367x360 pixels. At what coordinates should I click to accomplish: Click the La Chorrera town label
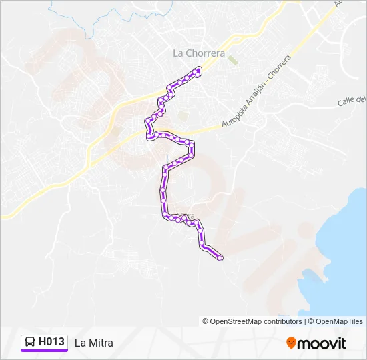(198, 53)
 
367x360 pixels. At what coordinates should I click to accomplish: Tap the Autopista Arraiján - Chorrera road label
(257, 93)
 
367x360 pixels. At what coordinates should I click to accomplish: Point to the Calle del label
(352, 100)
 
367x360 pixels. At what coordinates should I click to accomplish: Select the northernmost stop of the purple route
(199, 69)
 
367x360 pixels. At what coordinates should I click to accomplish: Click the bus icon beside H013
(30, 343)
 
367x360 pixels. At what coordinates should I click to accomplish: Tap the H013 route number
(52, 342)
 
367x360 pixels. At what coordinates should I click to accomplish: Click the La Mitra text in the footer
(94, 343)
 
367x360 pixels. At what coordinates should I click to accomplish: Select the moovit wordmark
(322, 343)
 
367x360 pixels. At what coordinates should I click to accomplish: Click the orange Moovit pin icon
(291, 343)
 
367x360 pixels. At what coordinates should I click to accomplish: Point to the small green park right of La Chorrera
(232, 60)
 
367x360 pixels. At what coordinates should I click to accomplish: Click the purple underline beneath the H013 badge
(44, 351)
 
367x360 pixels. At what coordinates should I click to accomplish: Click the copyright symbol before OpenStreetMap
(206, 321)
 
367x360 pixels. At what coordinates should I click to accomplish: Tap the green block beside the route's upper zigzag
(181, 116)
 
